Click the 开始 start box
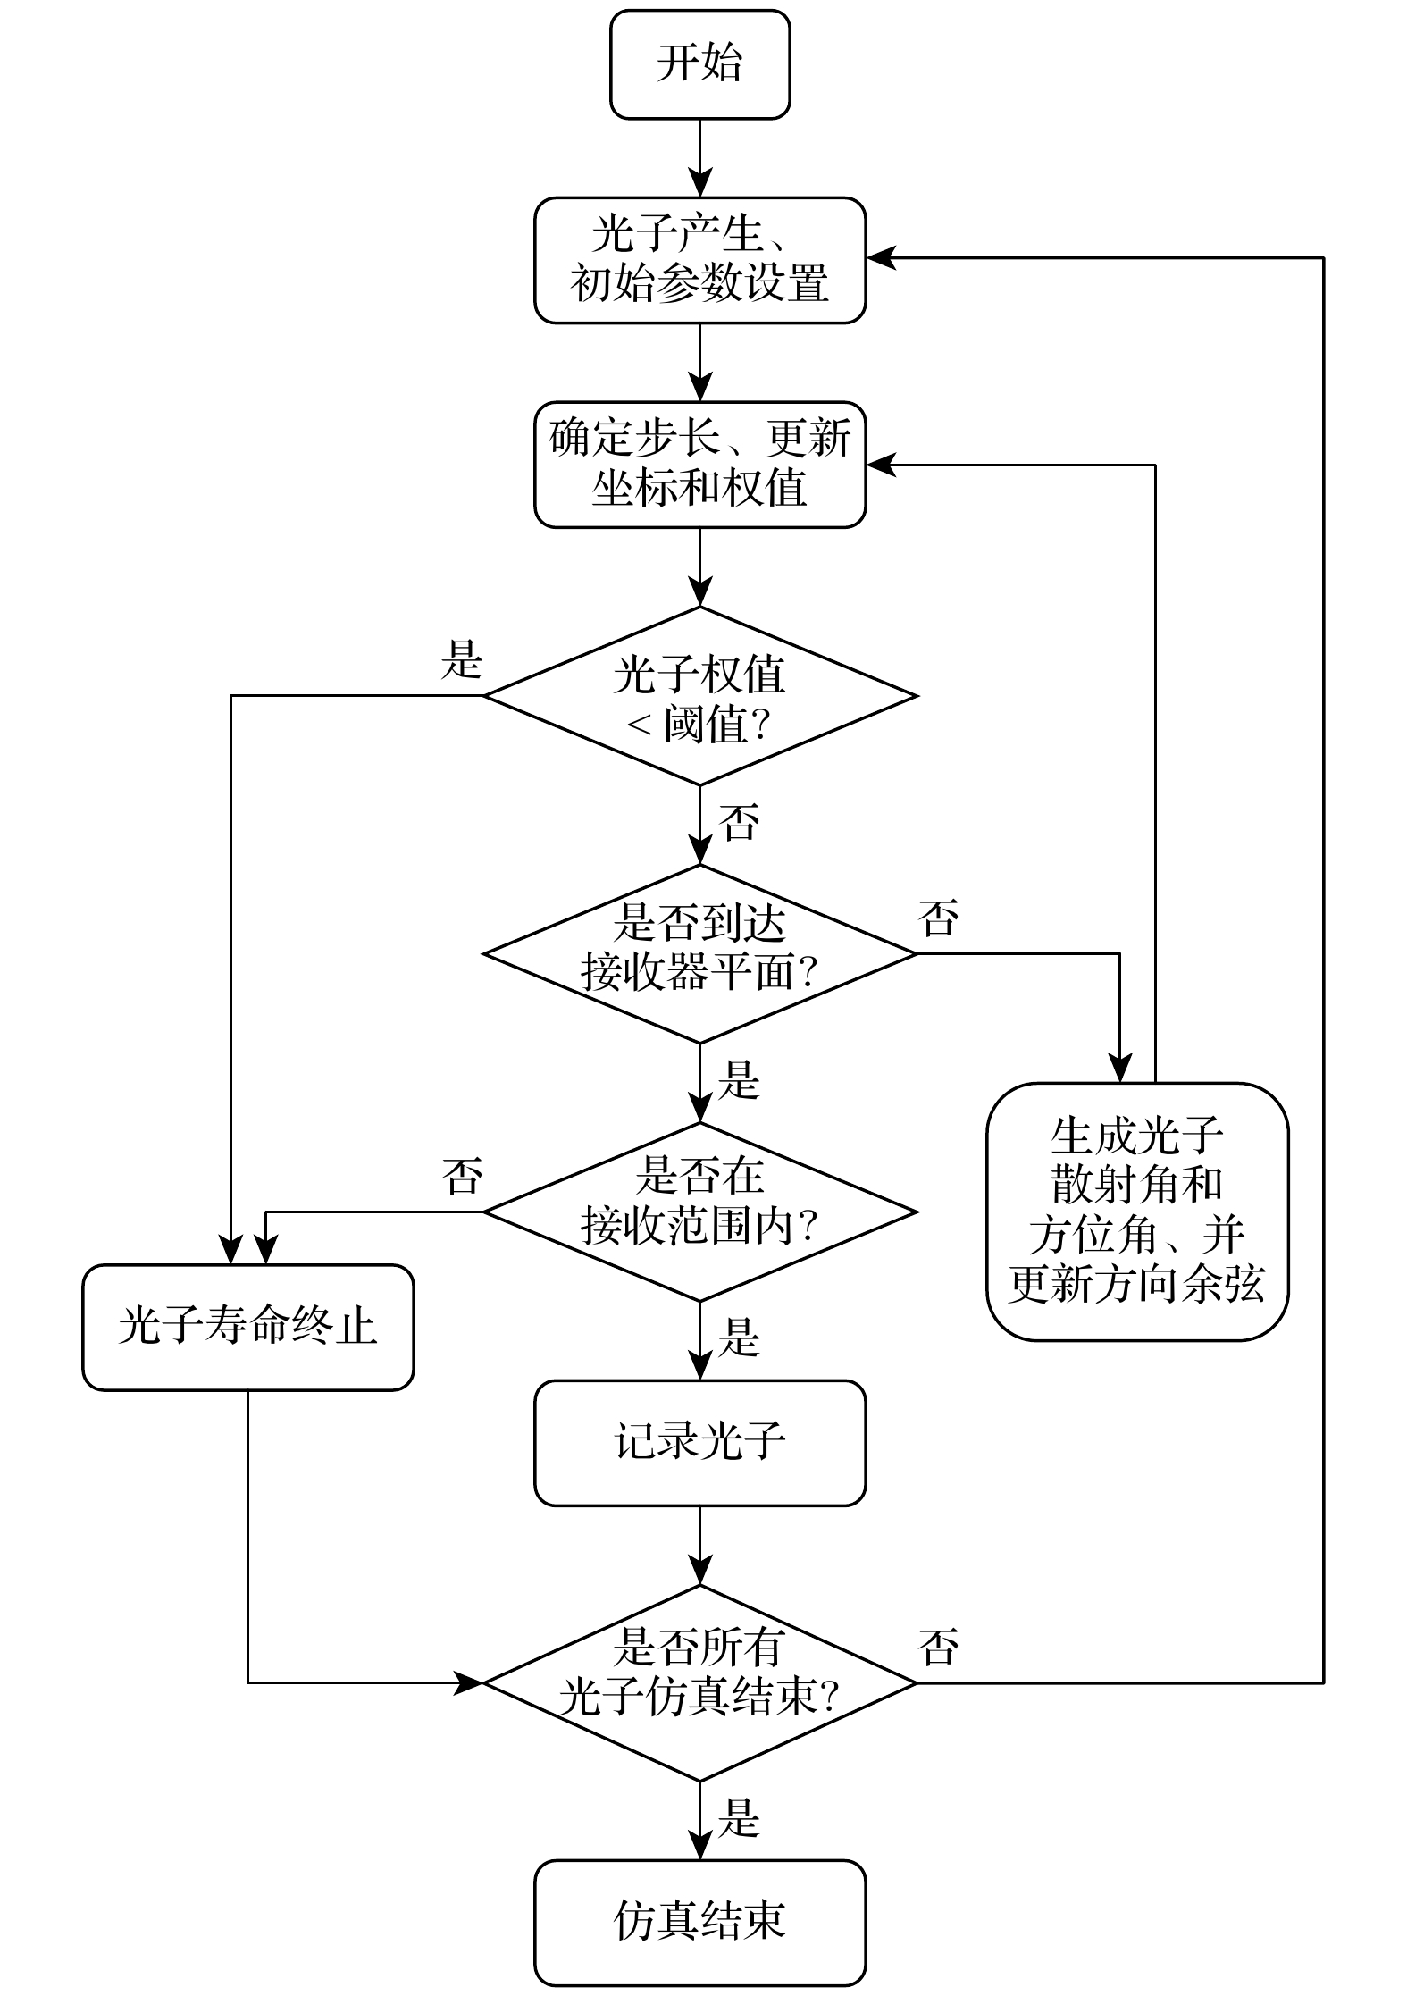coord(699,64)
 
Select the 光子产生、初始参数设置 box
coord(699,260)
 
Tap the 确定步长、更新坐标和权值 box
coord(699,465)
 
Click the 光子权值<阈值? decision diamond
coord(699,696)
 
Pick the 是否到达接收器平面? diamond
coord(699,953)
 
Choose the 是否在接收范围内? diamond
coord(699,1212)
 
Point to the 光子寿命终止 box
coord(247,1327)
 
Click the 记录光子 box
coord(699,1443)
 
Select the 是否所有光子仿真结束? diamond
coord(699,1682)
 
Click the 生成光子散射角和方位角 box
coord(1136,1212)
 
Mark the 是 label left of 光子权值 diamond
coord(462,660)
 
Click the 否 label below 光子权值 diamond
coord(740,822)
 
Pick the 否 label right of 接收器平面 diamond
coord(938,918)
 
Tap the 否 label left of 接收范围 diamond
coord(462,1177)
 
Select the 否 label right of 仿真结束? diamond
coord(938,1647)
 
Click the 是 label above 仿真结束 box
coord(740,1818)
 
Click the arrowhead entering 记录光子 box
coord(699,1368)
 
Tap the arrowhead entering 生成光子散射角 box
coord(1119,1070)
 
